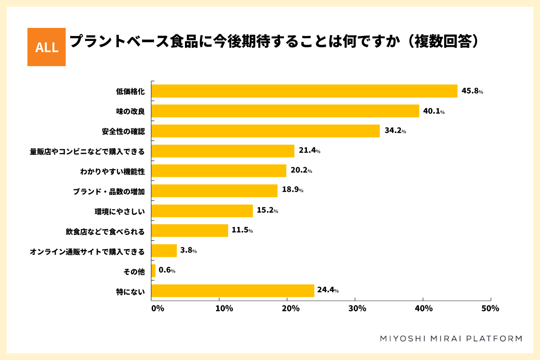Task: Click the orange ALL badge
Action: tap(46, 47)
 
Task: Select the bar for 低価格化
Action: tap(304, 91)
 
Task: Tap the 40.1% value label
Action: tap(433, 111)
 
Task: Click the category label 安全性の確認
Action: tap(123, 131)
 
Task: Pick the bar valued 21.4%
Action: tap(223, 151)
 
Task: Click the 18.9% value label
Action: tap(292, 190)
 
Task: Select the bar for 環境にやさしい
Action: tap(202, 211)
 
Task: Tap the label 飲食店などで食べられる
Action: tap(105, 231)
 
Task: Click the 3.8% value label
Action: tap(188, 251)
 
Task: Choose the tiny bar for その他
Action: tap(153, 271)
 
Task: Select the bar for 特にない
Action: tap(233, 291)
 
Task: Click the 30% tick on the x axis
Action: tap(356, 309)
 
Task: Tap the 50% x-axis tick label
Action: tap(490, 309)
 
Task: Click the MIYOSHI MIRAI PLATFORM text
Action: tap(451, 338)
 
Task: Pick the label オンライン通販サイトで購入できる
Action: tap(87, 251)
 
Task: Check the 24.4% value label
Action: tap(328, 291)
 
